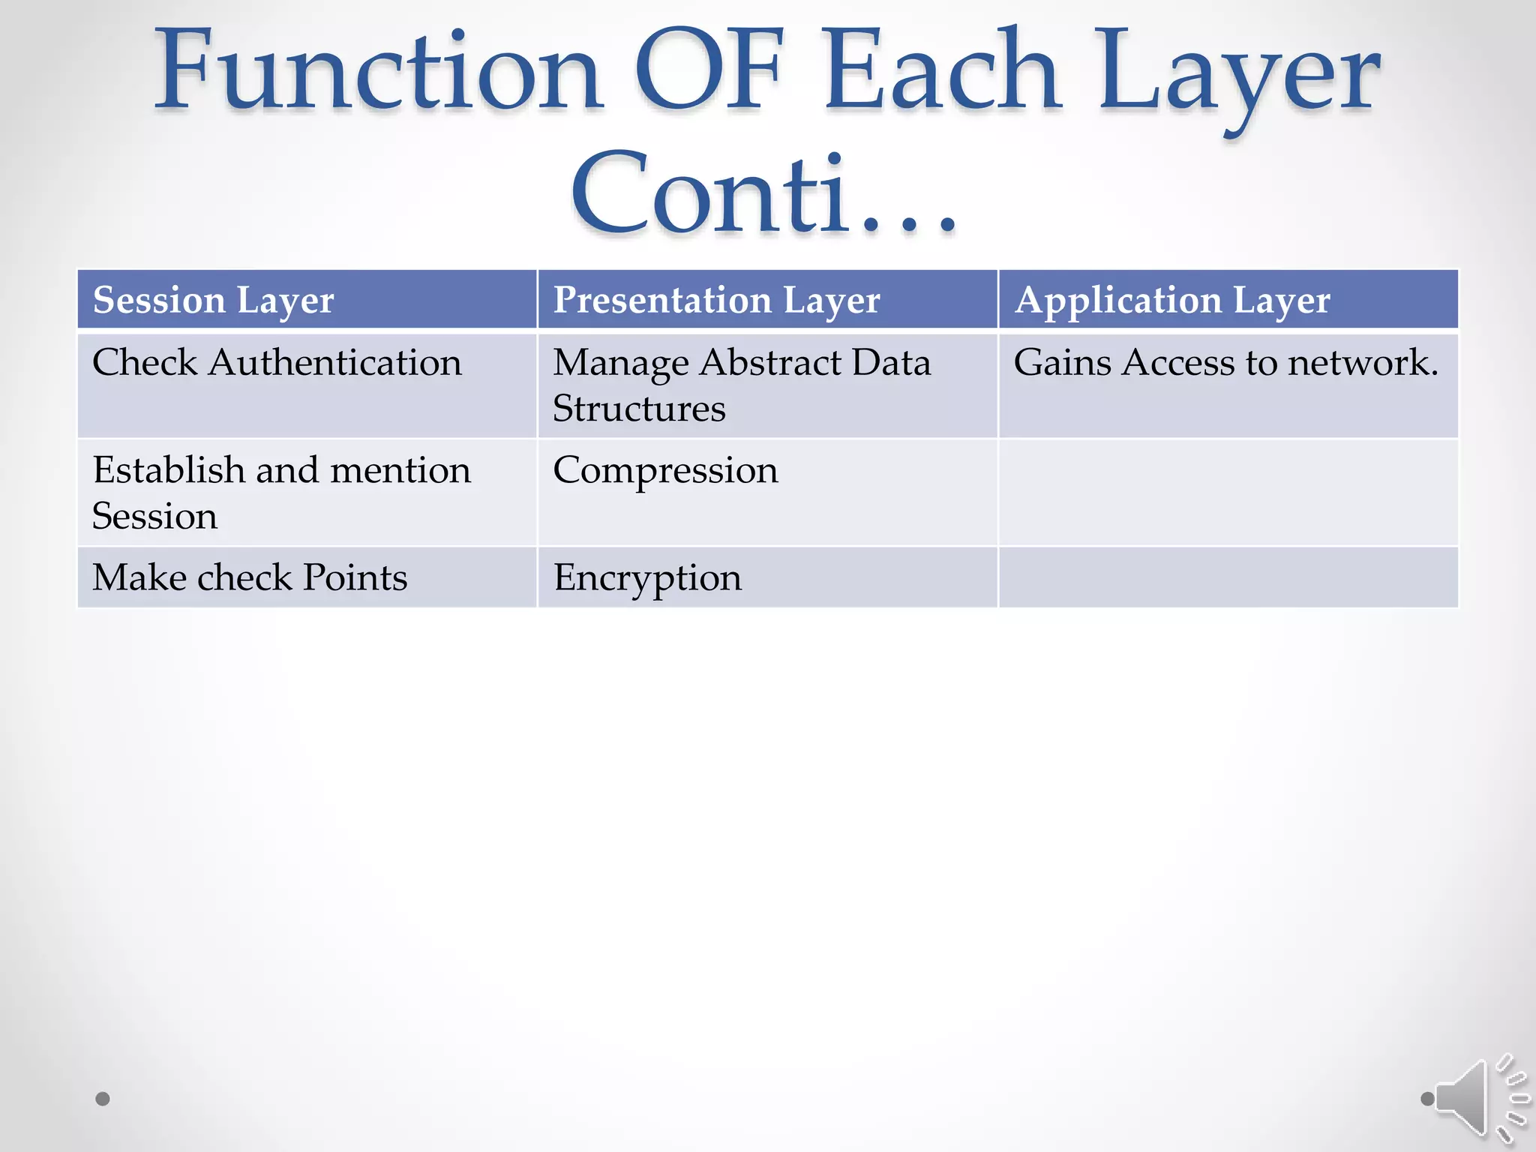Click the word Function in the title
coord(379,71)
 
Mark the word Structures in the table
coord(639,409)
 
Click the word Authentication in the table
coord(335,363)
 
